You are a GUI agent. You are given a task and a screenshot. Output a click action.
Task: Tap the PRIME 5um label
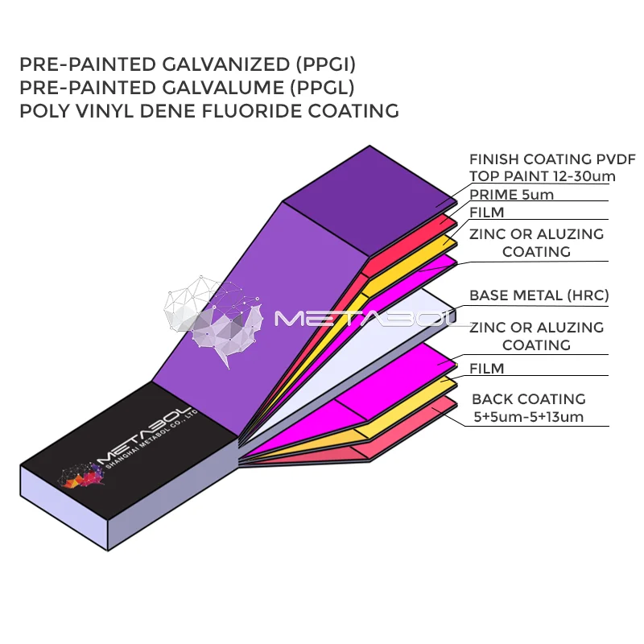click(x=511, y=195)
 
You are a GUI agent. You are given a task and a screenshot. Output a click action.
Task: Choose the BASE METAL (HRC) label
click(x=539, y=295)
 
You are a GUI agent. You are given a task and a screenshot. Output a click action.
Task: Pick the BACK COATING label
click(x=528, y=399)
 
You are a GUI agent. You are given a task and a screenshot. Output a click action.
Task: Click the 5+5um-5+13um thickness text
click(x=528, y=417)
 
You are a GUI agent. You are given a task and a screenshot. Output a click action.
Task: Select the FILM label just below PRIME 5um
click(x=486, y=213)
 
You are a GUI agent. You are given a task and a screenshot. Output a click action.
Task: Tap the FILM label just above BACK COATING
click(x=486, y=369)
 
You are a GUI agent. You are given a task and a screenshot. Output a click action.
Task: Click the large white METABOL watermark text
click(x=370, y=320)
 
